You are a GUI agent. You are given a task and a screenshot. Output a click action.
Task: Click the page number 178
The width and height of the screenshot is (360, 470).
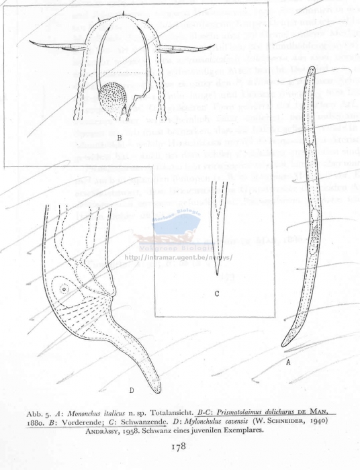point(178,444)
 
